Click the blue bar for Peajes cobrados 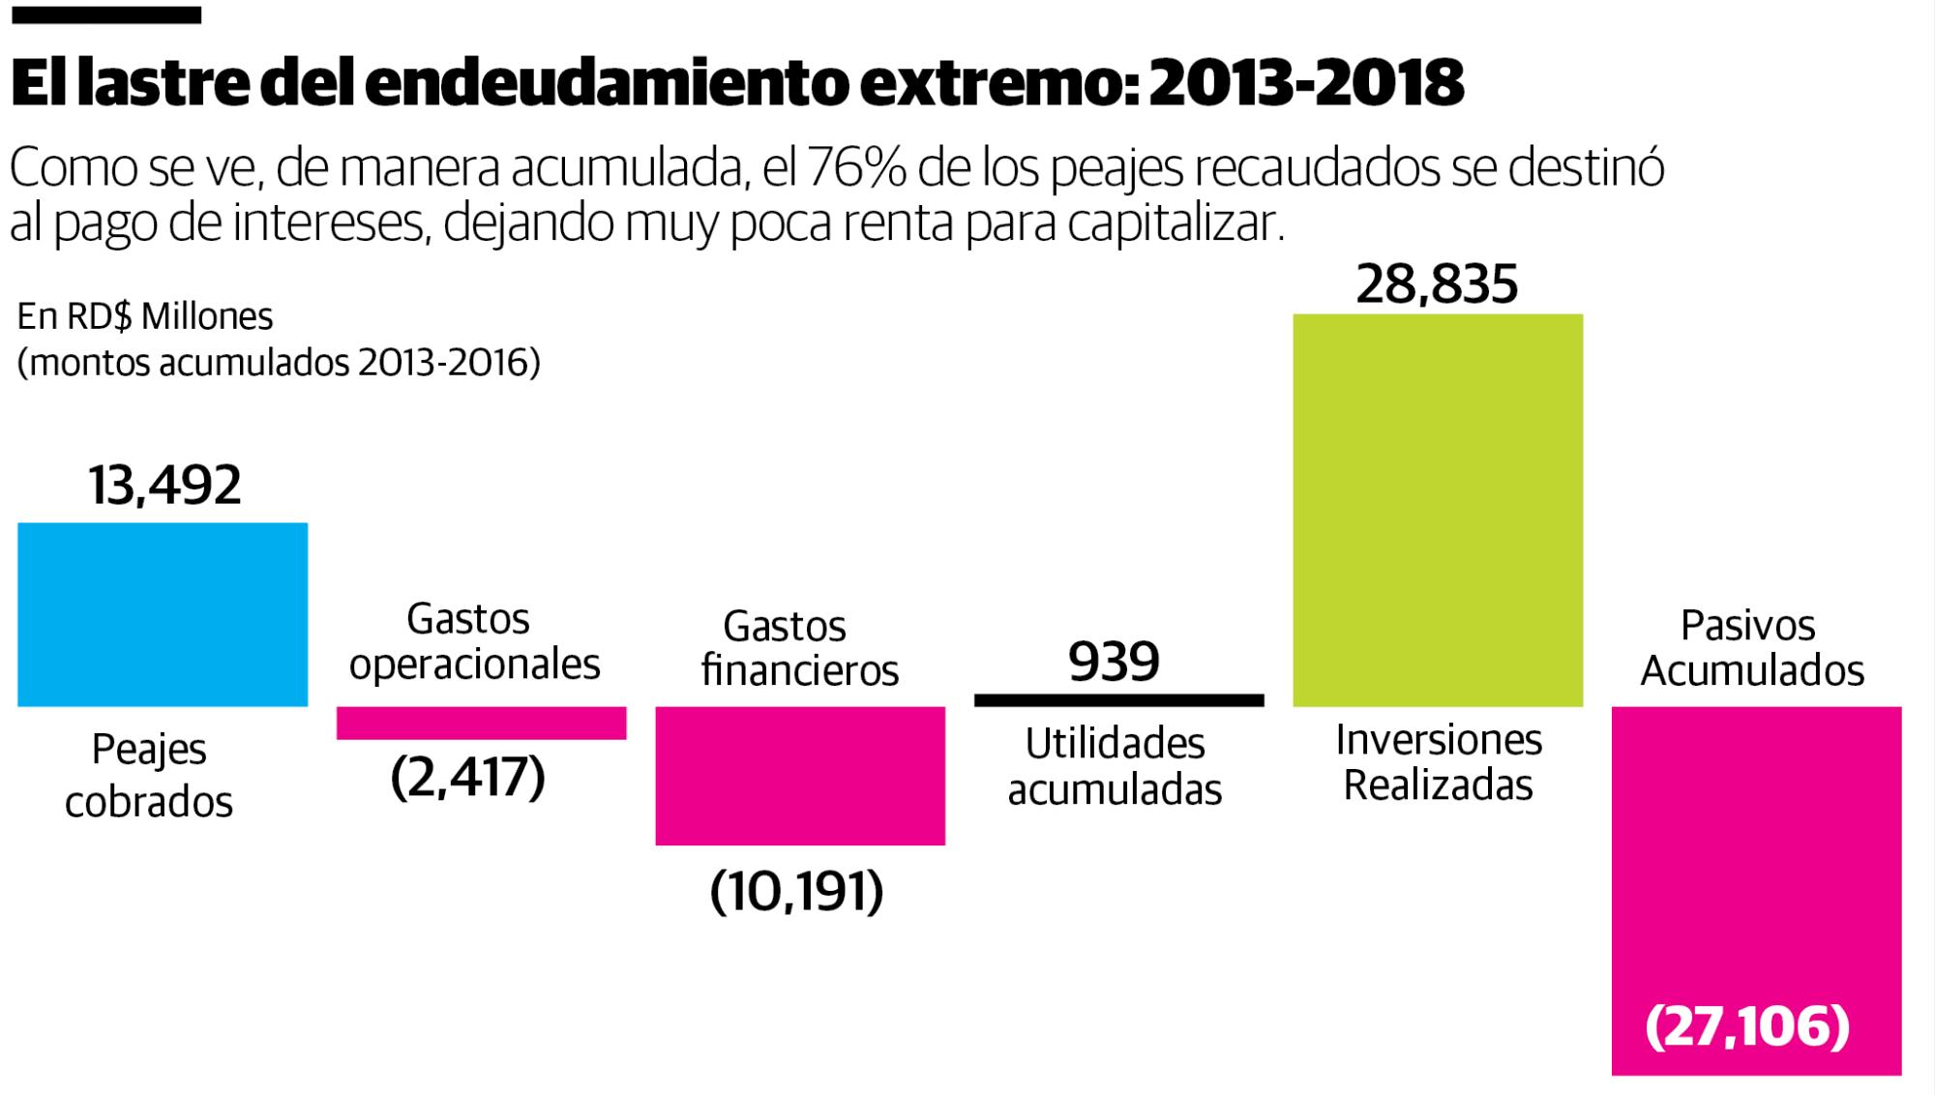click(x=163, y=614)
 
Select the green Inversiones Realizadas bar click(x=1438, y=510)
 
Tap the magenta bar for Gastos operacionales click(x=481, y=723)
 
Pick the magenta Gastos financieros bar click(x=800, y=776)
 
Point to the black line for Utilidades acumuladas click(x=1118, y=700)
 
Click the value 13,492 click(x=164, y=486)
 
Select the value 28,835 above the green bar click(x=1437, y=284)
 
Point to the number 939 click(x=1114, y=663)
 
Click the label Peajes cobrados click(x=149, y=776)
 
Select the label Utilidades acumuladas click(x=1115, y=767)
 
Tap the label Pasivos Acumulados click(x=1751, y=648)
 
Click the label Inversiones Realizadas click(x=1439, y=762)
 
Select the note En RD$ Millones click(x=145, y=316)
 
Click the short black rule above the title click(x=105, y=15)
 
